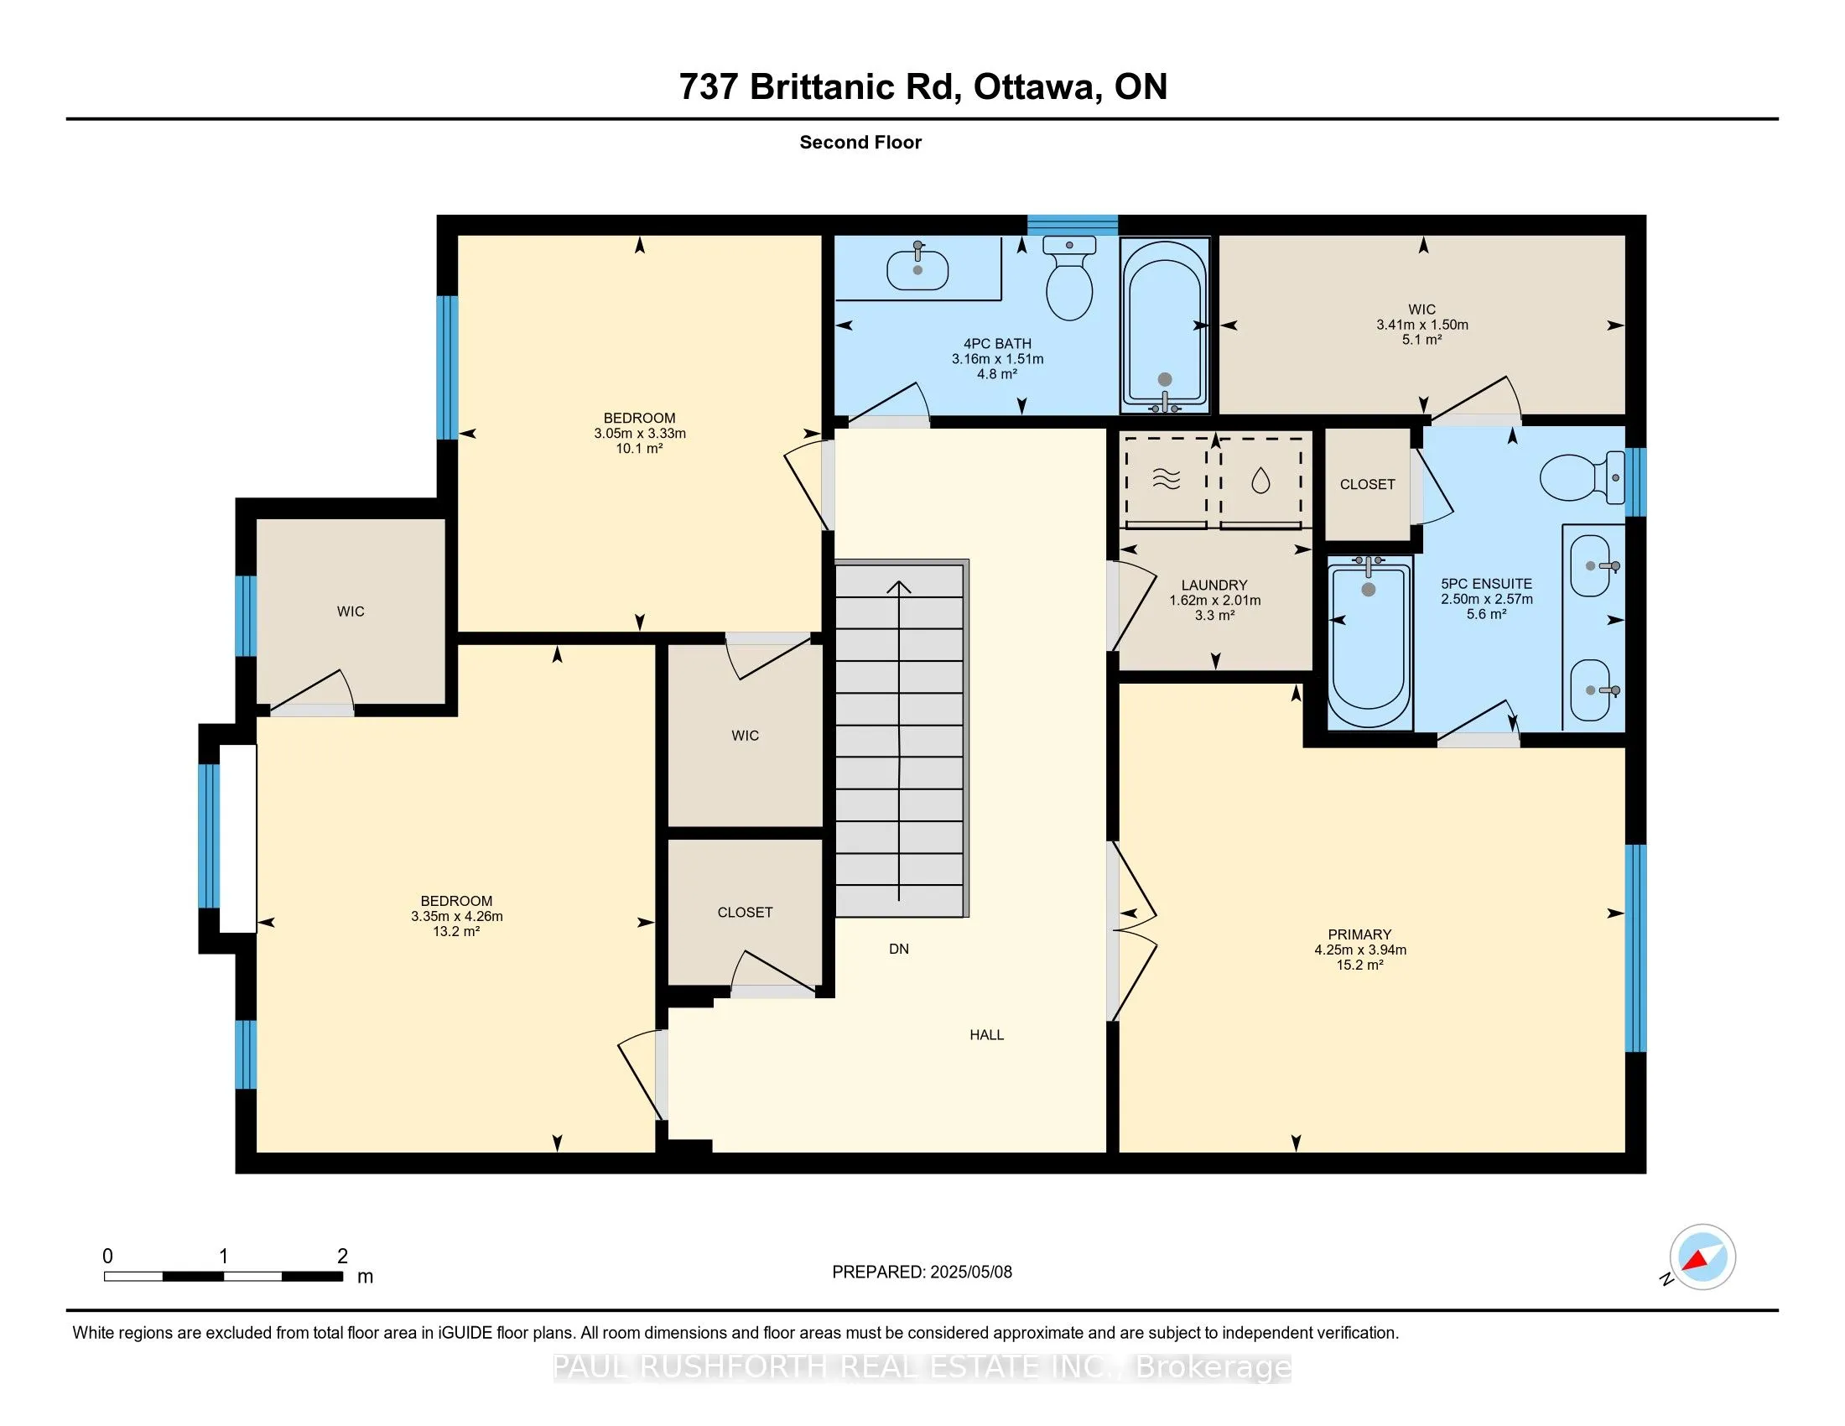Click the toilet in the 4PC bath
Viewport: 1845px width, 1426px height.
(1068, 278)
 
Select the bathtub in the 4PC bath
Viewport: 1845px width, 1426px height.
(1165, 325)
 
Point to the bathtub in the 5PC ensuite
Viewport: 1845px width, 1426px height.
(1369, 643)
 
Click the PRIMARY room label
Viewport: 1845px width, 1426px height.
(1359, 934)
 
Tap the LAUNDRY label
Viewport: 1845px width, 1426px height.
(1215, 585)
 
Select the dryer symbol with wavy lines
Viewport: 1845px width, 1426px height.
(1167, 481)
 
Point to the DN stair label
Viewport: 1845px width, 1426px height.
(899, 949)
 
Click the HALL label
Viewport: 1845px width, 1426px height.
(987, 1035)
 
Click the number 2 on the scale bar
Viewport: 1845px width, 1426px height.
(342, 1257)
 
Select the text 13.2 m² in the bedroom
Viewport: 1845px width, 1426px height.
(456, 931)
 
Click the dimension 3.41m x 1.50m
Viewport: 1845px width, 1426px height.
(1422, 325)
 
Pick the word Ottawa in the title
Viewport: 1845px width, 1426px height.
(1035, 87)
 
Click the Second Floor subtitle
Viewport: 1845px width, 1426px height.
(860, 143)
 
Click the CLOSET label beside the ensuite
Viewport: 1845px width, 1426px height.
(1367, 484)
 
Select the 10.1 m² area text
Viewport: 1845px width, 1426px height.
(640, 449)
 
